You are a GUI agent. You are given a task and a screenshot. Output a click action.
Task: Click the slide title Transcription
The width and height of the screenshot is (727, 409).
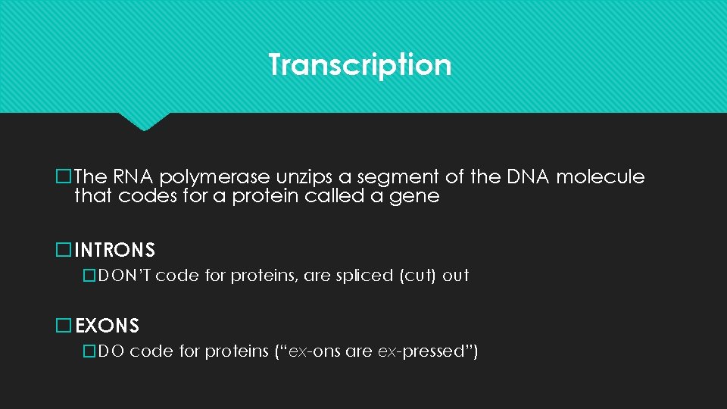[360, 64]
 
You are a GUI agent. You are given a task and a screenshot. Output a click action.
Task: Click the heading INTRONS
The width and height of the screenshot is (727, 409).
[114, 249]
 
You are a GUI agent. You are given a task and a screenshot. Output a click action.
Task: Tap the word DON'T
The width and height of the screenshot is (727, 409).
[125, 276]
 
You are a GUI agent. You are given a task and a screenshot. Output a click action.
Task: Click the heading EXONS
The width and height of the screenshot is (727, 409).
[107, 326]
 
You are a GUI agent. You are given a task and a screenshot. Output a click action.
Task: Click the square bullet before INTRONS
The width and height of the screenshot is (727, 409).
[64, 249]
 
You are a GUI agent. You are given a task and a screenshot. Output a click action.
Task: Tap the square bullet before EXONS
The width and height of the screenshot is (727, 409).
[64, 326]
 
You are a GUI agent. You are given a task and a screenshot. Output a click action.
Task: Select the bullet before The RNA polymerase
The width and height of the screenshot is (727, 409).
[64, 177]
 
